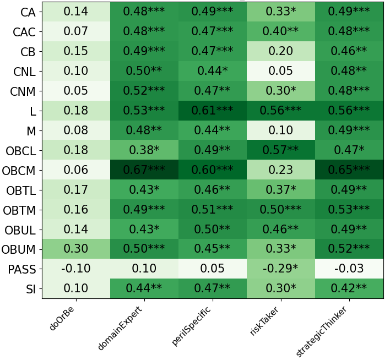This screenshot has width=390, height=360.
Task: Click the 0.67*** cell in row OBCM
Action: click(144, 170)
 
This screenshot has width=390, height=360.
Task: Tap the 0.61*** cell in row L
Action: click(212, 111)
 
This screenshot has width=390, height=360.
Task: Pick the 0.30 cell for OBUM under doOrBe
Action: click(75, 249)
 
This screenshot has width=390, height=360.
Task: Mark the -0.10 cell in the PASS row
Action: click(75, 269)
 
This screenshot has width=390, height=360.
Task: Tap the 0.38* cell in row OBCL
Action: click(144, 150)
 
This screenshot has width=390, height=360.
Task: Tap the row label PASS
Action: click(23, 269)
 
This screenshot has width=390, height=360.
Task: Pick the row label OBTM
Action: click(20, 210)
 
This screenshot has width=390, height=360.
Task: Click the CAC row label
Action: click(24, 32)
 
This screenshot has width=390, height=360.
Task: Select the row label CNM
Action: click(23, 91)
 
